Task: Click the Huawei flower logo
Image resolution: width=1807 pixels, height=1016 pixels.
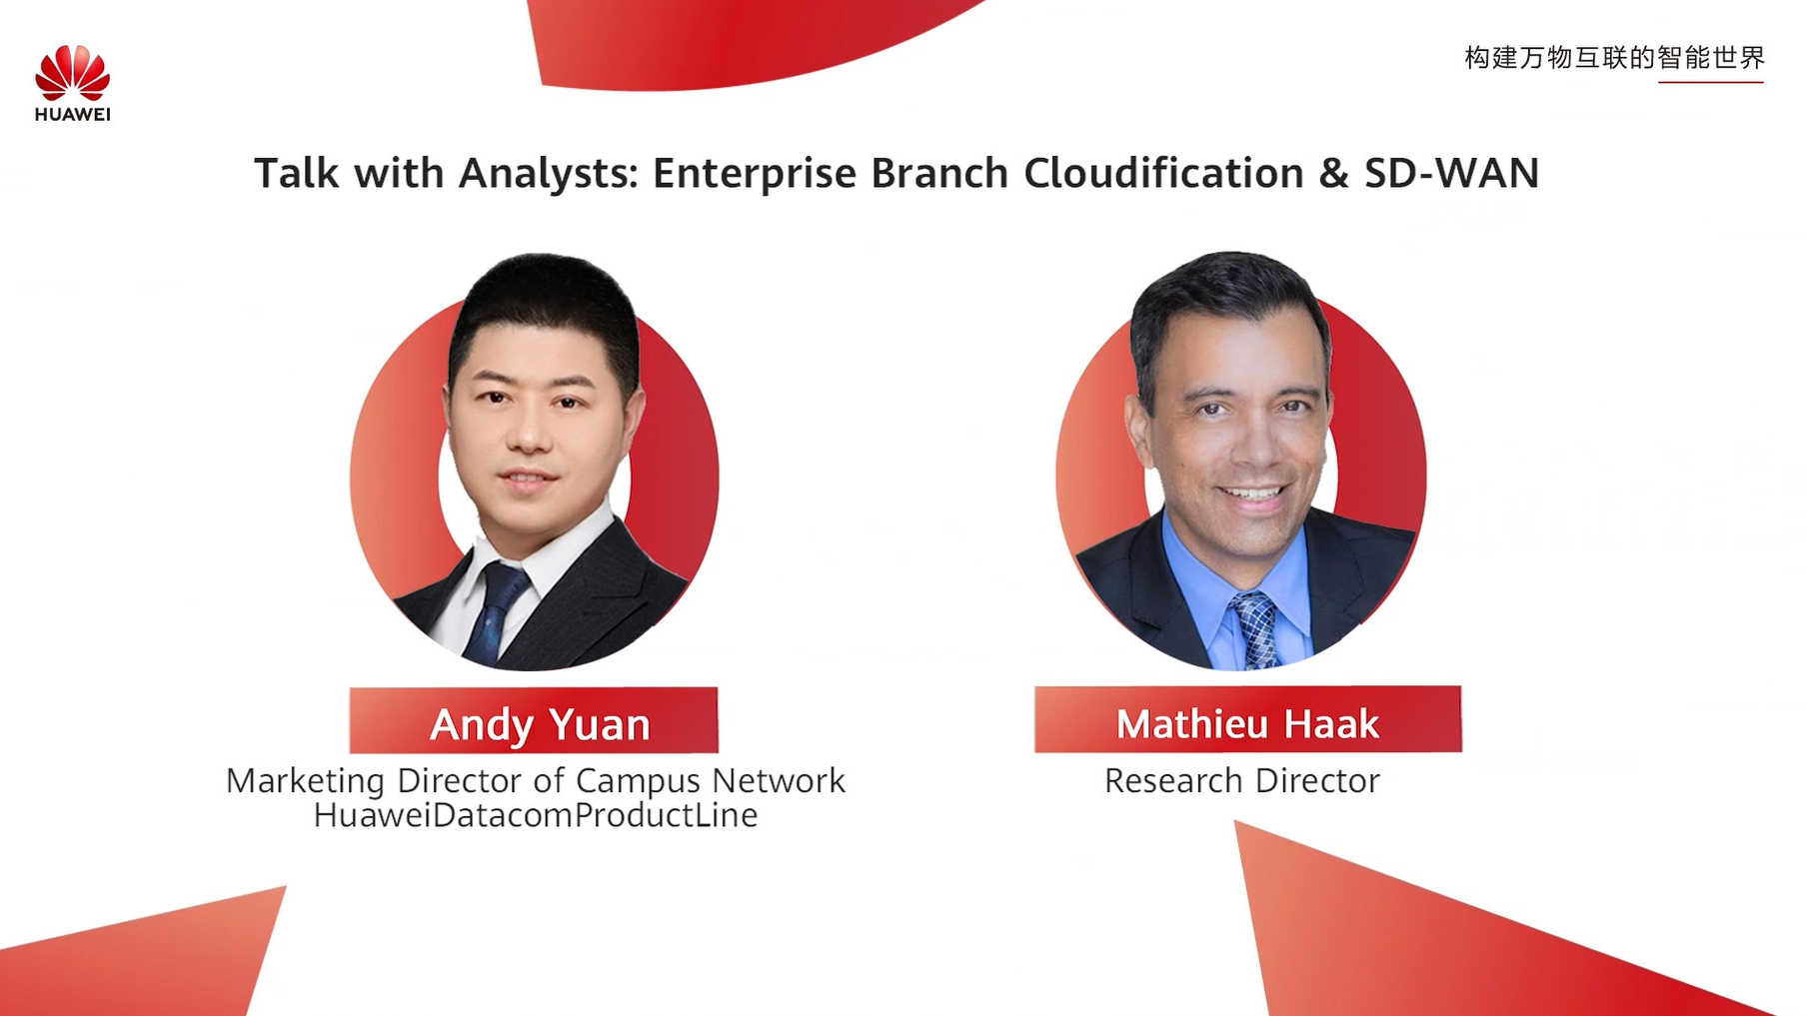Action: click(72, 72)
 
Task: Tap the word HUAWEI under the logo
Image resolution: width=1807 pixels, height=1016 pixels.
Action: click(72, 114)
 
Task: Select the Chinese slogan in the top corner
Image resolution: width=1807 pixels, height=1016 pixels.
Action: click(1615, 58)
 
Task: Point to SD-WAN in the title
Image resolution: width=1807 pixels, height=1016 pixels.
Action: click(1451, 173)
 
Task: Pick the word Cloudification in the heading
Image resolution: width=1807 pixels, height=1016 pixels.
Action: click(1164, 173)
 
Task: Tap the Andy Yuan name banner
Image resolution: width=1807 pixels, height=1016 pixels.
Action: click(534, 720)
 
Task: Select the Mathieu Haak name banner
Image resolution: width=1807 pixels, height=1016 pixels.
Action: click(1247, 719)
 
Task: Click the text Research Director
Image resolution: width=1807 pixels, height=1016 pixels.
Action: click(1241, 780)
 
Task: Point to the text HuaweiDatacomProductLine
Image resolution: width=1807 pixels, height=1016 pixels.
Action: click(536, 815)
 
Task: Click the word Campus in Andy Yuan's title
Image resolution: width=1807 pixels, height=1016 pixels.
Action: click(639, 781)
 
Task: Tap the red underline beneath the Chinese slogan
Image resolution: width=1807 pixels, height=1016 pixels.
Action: click(1710, 82)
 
